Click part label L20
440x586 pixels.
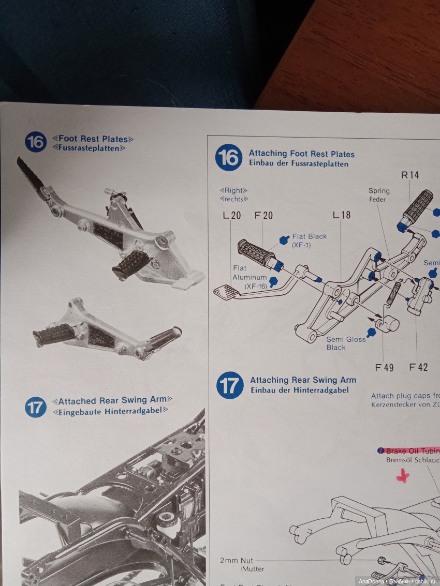pyautogui.click(x=232, y=216)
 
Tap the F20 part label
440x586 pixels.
pyautogui.click(x=263, y=216)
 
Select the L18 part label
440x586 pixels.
pyautogui.click(x=341, y=215)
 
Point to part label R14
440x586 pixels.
pyautogui.click(x=410, y=175)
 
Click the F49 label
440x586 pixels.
pyautogui.click(x=384, y=367)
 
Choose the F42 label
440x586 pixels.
pyautogui.click(x=418, y=367)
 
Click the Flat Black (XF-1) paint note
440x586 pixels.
pyautogui.click(x=309, y=241)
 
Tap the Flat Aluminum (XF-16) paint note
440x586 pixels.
pyautogui.click(x=249, y=277)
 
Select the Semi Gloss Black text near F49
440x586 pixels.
pyautogui.click(x=346, y=343)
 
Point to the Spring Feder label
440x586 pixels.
pyautogui.click(x=379, y=195)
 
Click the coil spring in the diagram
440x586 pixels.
pyautogui.click(x=394, y=293)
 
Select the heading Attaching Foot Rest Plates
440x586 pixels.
pyautogui.click(x=302, y=154)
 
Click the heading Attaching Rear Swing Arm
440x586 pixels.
pyautogui.click(x=303, y=380)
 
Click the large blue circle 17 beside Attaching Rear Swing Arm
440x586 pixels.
pyautogui.click(x=230, y=385)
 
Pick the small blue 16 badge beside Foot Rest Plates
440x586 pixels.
pyautogui.click(x=36, y=142)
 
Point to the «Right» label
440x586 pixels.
pyautogui.click(x=233, y=190)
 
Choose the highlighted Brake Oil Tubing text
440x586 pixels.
pyautogui.click(x=412, y=450)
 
